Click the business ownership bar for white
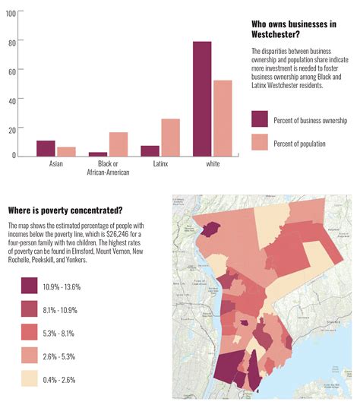pyautogui.click(x=202, y=99)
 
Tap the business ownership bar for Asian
pyautogui.click(x=46, y=148)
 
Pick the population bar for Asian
pyautogui.click(x=66, y=151)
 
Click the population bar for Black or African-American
pyautogui.click(x=118, y=144)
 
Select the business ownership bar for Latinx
pyautogui.click(x=150, y=150)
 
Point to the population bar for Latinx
pyautogui.click(x=170, y=138)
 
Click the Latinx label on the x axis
pyautogui.click(x=159, y=163)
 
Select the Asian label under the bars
pyautogui.click(x=56, y=163)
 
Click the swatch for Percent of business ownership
pyautogui.click(x=260, y=119)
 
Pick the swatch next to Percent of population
pyautogui.click(x=260, y=142)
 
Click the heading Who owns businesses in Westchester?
pyautogui.click(x=293, y=30)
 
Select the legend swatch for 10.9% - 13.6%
pyautogui.click(x=30, y=286)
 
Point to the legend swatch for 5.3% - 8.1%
pyautogui.click(x=30, y=333)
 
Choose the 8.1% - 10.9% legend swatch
pyautogui.click(x=30, y=309)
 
